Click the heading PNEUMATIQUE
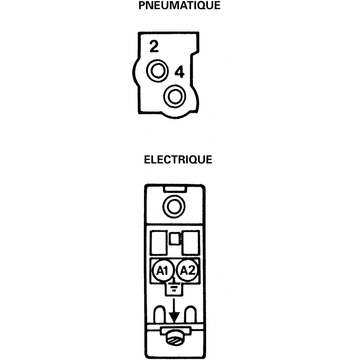pyautogui.click(x=179, y=5)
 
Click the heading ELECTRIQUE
pyautogui.click(x=178, y=160)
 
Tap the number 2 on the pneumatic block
pyautogui.click(x=154, y=46)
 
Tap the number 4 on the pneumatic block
pyautogui.click(x=180, y=72)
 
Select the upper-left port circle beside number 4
pyautogui.click(x=157, y=71)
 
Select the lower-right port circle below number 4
pyautogui.click(x=175, y=96)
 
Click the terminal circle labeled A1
pyautogui.click(x=162, y=271)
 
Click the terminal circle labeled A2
pyautogui.click(x=187, y=270)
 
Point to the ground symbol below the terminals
pyautogui.click(x=174, y=287)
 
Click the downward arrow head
pyautogui.click(x=174, y=317)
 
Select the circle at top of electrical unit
pyautogui.click(x=174, y=207)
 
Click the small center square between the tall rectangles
pyautogui.click(x=175, y=239)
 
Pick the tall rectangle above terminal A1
pyautogui.click(x=158, y=243)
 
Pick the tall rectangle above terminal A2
pyautogui.click(x=190, y=243)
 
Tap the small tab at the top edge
pyautogui.click(x=175, y=189)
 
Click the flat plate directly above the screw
pyautogui.click(x=175, y=331)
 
